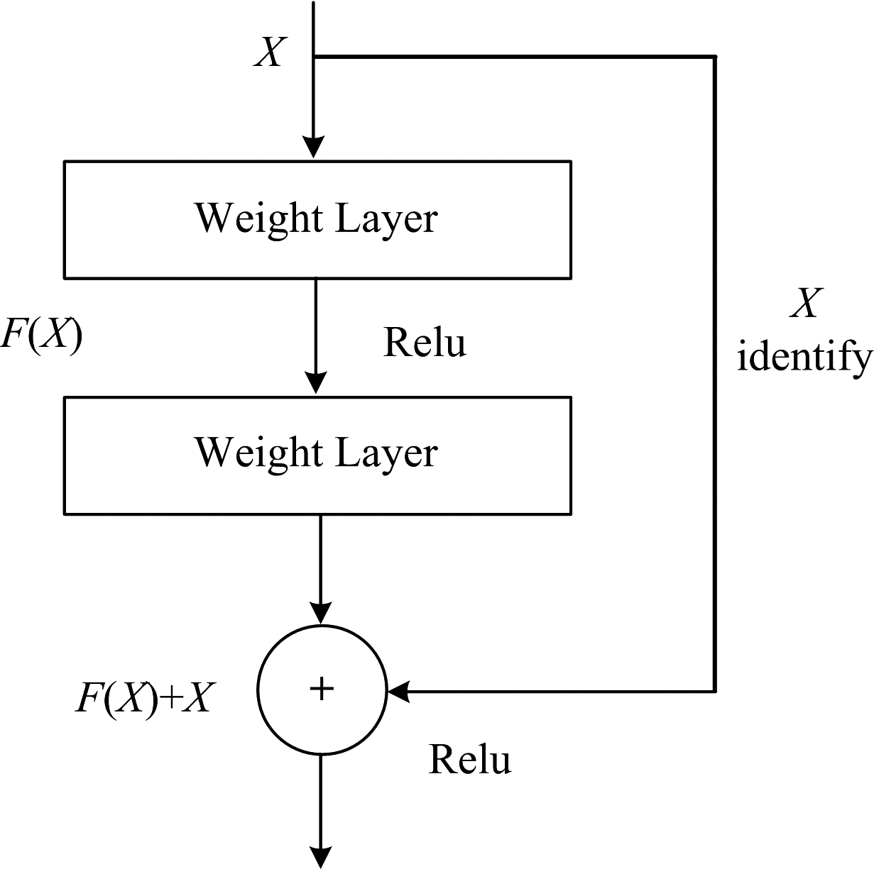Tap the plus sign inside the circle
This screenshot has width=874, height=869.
[x=322, y=689]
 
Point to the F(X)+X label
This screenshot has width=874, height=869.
[x=143, y=697]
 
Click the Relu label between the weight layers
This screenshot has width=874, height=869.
[x=425, y=343]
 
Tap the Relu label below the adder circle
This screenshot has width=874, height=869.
[x=469, y=760]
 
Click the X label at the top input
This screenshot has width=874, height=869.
[x=270, y=52]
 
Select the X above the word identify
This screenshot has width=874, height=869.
[x=806, y=304]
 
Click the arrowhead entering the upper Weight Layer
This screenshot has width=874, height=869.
[x=314, y=148]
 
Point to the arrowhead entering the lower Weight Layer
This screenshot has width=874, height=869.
[x=315, y=384]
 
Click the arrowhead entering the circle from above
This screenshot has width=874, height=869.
[x=322, y=613]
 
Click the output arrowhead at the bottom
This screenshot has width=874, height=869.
[x=322, y=858]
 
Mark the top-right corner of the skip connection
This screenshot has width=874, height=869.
[x=714, y=57]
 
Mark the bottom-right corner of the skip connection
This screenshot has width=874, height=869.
[x=714, y=690]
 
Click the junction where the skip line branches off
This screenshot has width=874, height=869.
[x=314, y=57]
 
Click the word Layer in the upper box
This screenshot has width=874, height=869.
[x=386, y=218]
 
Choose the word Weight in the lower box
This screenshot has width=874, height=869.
[x=260, y=453]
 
